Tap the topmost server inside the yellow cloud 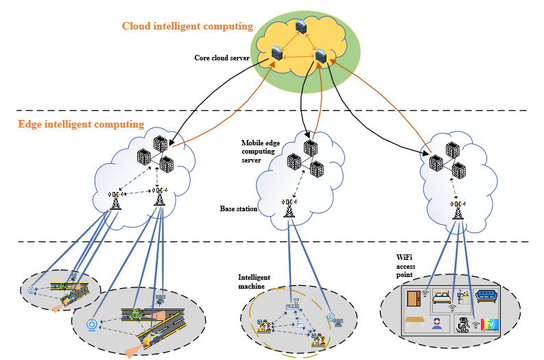300,27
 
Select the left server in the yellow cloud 277,52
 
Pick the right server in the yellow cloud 321,56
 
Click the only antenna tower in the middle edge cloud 289,207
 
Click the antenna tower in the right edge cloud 457,209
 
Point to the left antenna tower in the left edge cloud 115,200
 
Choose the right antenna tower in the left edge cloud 159,197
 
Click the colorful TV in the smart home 489,324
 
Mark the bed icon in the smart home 442,297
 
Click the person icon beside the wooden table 436,324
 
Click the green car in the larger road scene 136,313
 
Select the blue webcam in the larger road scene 91,324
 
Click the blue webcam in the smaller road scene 31,291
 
